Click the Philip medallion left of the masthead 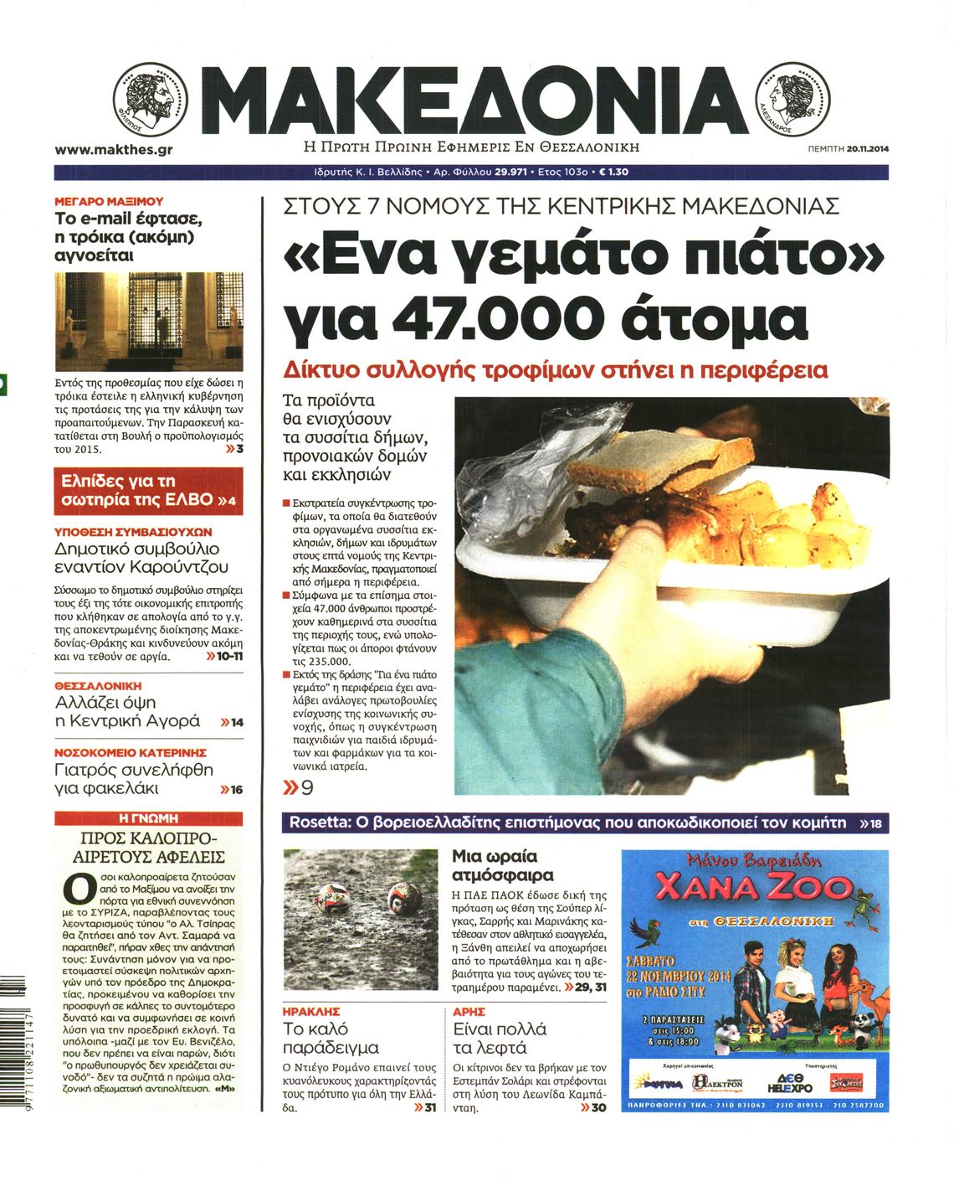pos(151,100)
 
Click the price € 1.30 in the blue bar pos(614,172)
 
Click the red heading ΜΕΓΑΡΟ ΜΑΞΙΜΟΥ pos(109,202)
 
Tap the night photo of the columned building pos(148,321)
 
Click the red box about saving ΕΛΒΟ pos(148,492)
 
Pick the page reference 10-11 pos(229,656)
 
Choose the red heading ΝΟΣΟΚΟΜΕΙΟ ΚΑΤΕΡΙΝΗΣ pos(131,752)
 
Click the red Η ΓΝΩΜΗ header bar pos(148,818)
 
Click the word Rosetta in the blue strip pos(319,823)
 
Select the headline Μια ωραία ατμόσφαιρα pos(502,866)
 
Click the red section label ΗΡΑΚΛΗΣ pos(311,1012)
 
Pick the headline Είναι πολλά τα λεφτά pos(500,1039)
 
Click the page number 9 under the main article pos(307,787)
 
